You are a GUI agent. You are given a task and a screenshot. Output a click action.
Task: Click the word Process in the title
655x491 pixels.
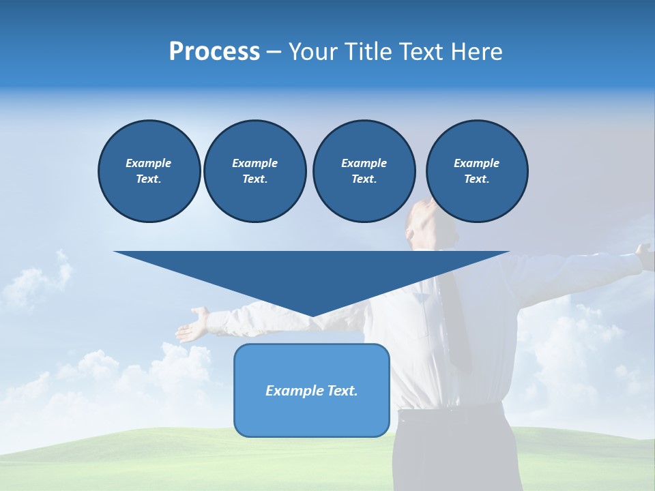pyautogui.click(x=214, y=52)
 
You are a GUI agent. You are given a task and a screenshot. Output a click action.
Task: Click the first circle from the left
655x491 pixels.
pyautogui.click(x=149, y=171)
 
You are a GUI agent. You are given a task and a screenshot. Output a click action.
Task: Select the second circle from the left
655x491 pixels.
pyautogui.click(x=254, y=171)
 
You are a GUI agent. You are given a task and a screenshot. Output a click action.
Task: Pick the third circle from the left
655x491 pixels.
pyautogui.click(x=364, y=171)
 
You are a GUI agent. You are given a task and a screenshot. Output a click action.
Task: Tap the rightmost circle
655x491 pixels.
pyautogui.click(x=476, y=171)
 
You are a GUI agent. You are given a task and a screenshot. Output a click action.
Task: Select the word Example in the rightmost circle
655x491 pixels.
pyautogui.click(x=476, y=163)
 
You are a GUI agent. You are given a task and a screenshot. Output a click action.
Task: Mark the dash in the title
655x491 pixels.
pyautogui.click(x=274, y=52)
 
